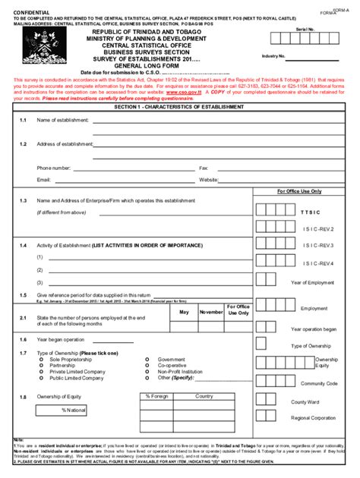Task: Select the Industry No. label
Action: coord(273,56)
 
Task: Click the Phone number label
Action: coord(54,168)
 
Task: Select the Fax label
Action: coord(204,168)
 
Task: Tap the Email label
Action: coord(43,180)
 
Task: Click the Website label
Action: coord(209,180)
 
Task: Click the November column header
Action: coord(211,312)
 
